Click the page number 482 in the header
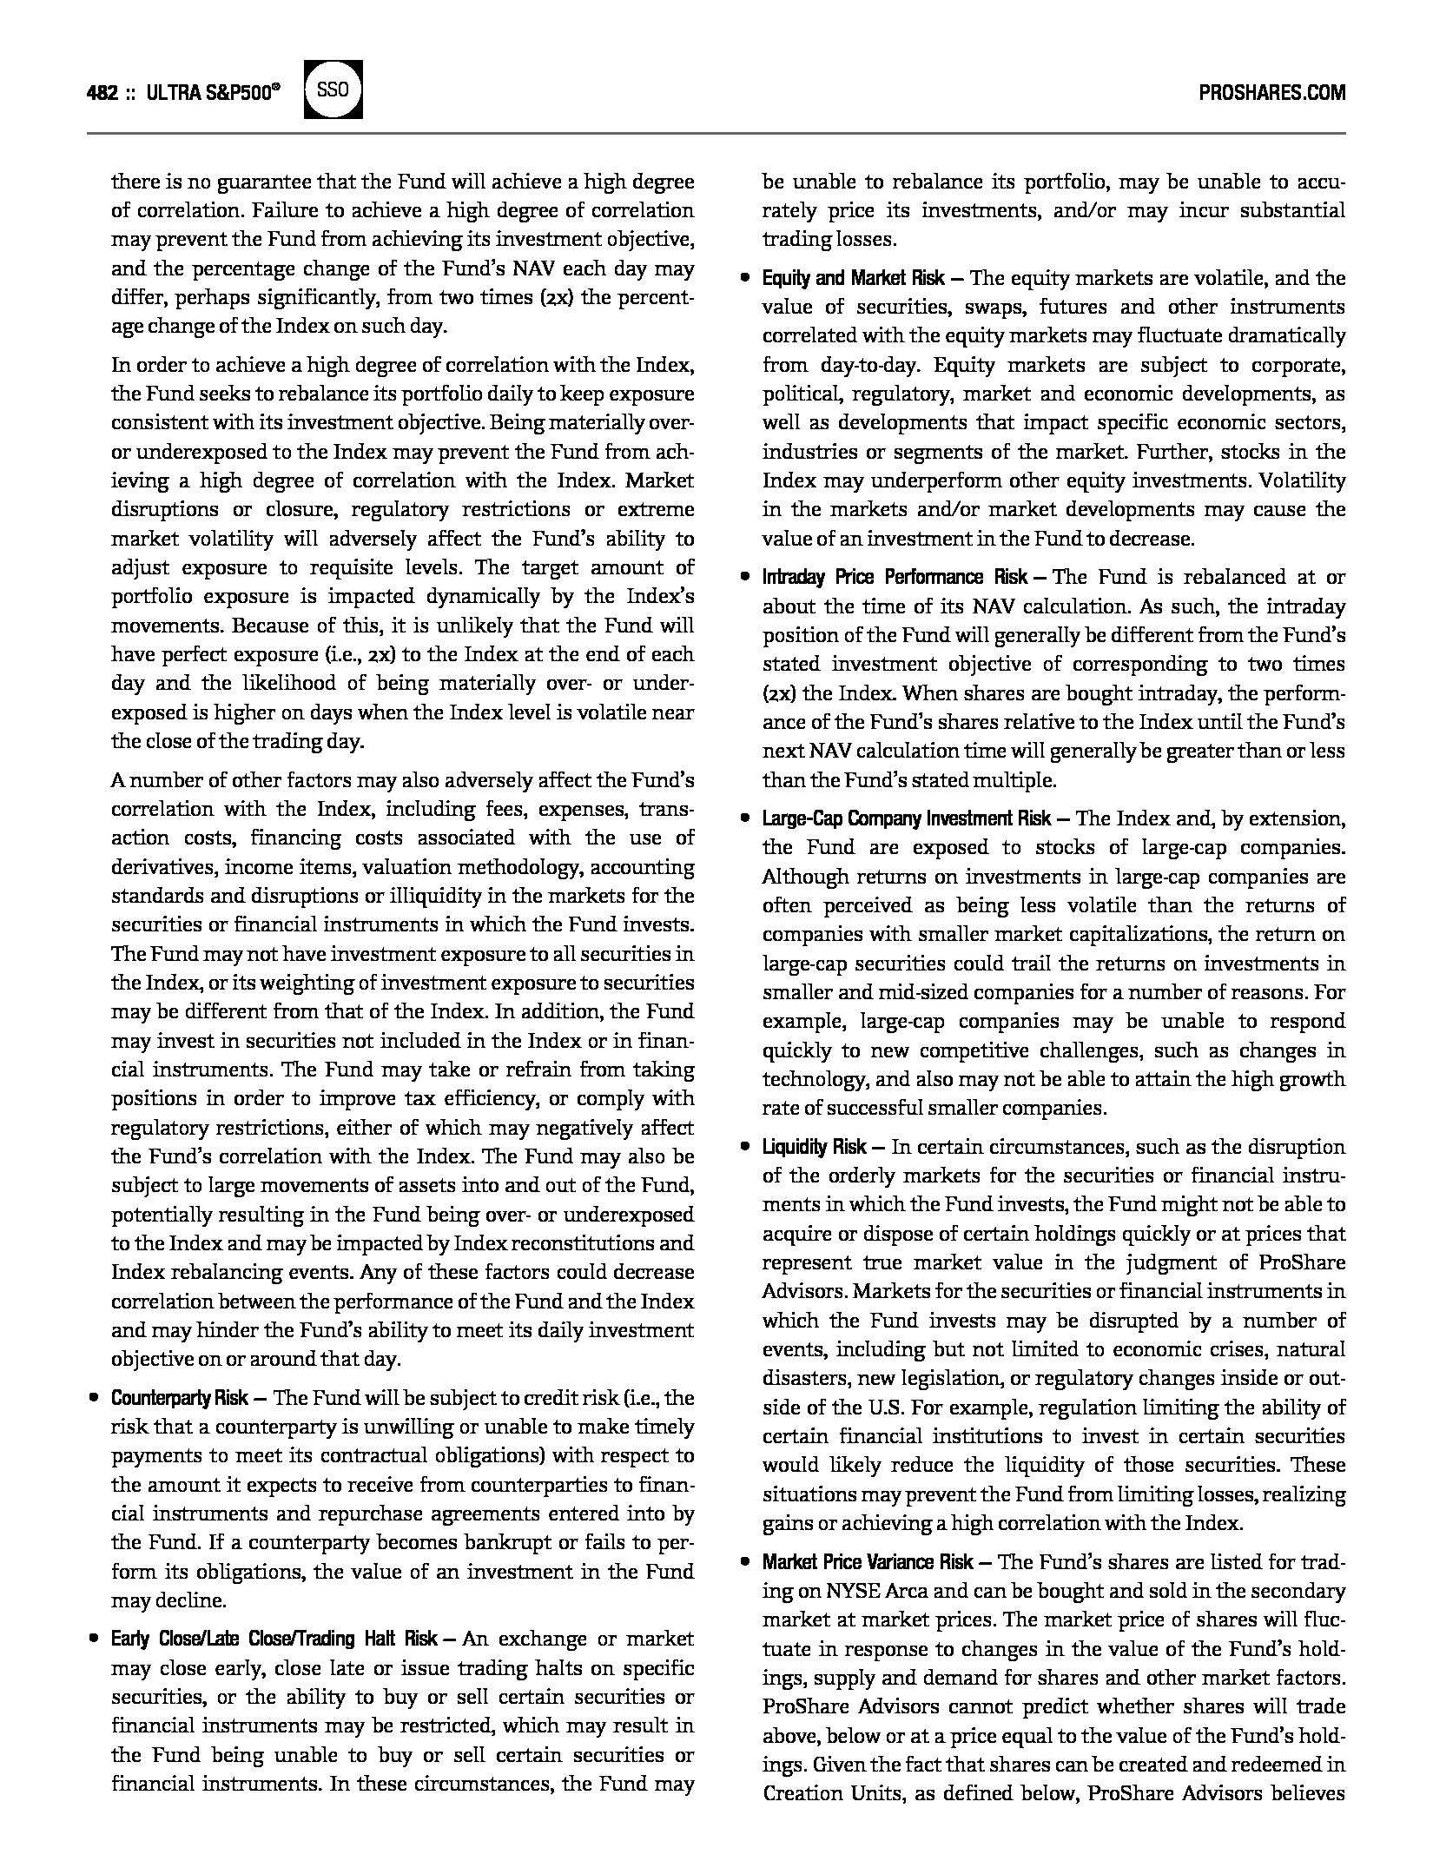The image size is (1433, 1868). (102, 93)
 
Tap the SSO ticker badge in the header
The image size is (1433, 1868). (333, 90)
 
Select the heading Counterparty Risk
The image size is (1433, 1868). (180, 1398)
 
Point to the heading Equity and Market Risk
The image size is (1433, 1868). (853, 278)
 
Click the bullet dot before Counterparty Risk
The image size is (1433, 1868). (94, 1398)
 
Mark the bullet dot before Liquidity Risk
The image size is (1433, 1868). (745, 1147)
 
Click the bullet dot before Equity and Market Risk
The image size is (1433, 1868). (745, 278)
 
